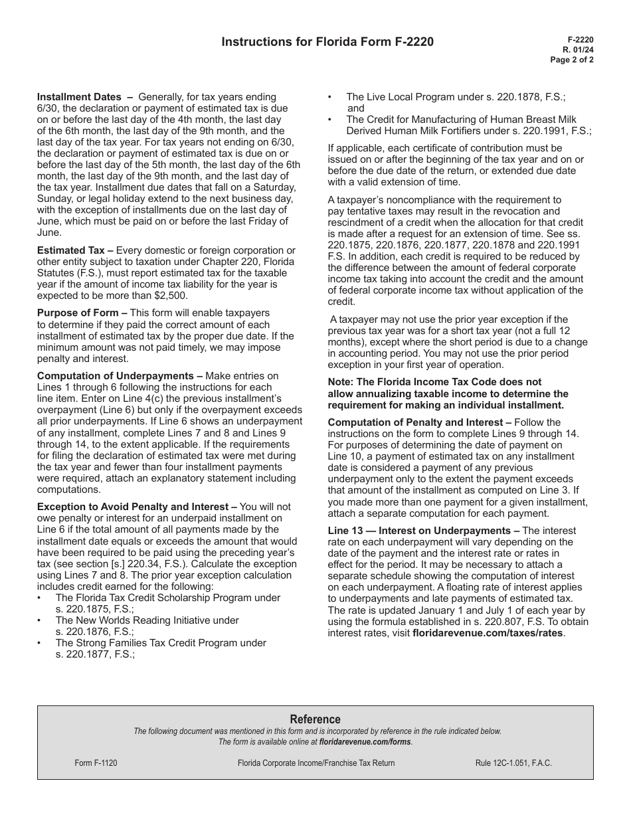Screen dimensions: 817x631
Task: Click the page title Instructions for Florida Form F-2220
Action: tap(327, 42)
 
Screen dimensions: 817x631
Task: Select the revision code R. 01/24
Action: tap(578, 49)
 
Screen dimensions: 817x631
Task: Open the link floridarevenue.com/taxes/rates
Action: tap(488, 633)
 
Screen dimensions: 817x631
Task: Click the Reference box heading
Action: tap(315, 719)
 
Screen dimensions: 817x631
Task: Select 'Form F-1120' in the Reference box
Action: tap(96, 763)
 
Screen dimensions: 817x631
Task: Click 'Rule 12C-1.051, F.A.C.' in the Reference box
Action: tap(513, 763)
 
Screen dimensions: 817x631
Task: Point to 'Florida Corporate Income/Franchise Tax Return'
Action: tap(315, 763)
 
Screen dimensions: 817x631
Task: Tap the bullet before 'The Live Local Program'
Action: tap(331, 97)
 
